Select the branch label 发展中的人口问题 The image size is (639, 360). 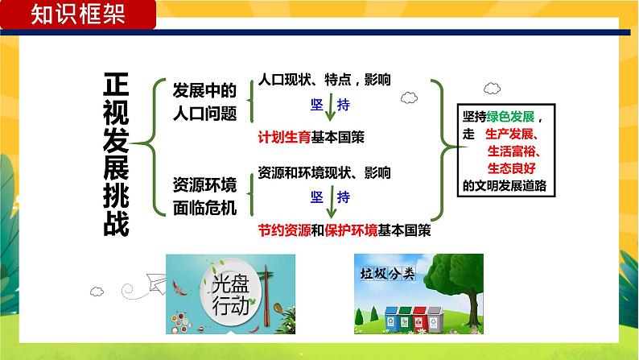(204, 101)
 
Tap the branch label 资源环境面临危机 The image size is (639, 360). (204, 196)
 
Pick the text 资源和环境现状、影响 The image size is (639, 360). (324, 172)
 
